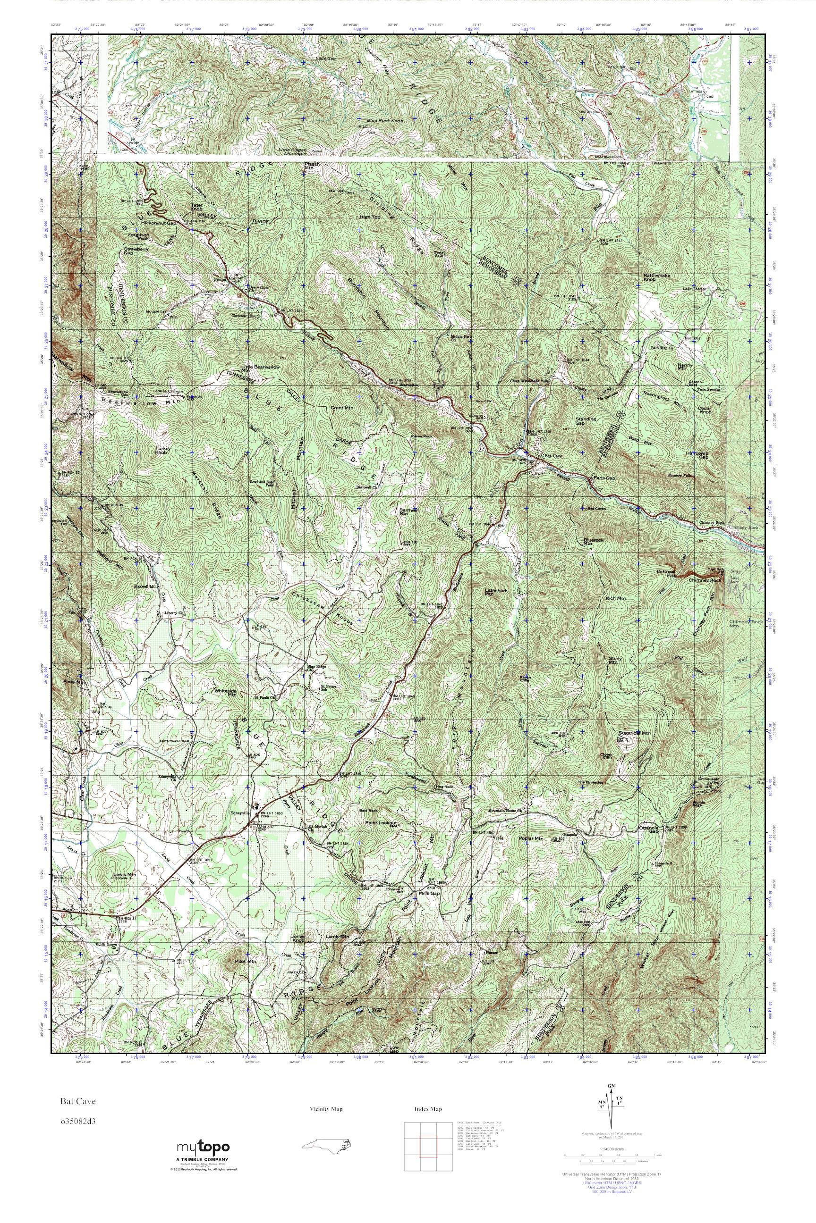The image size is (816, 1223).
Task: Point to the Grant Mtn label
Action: tap(342, 408)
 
